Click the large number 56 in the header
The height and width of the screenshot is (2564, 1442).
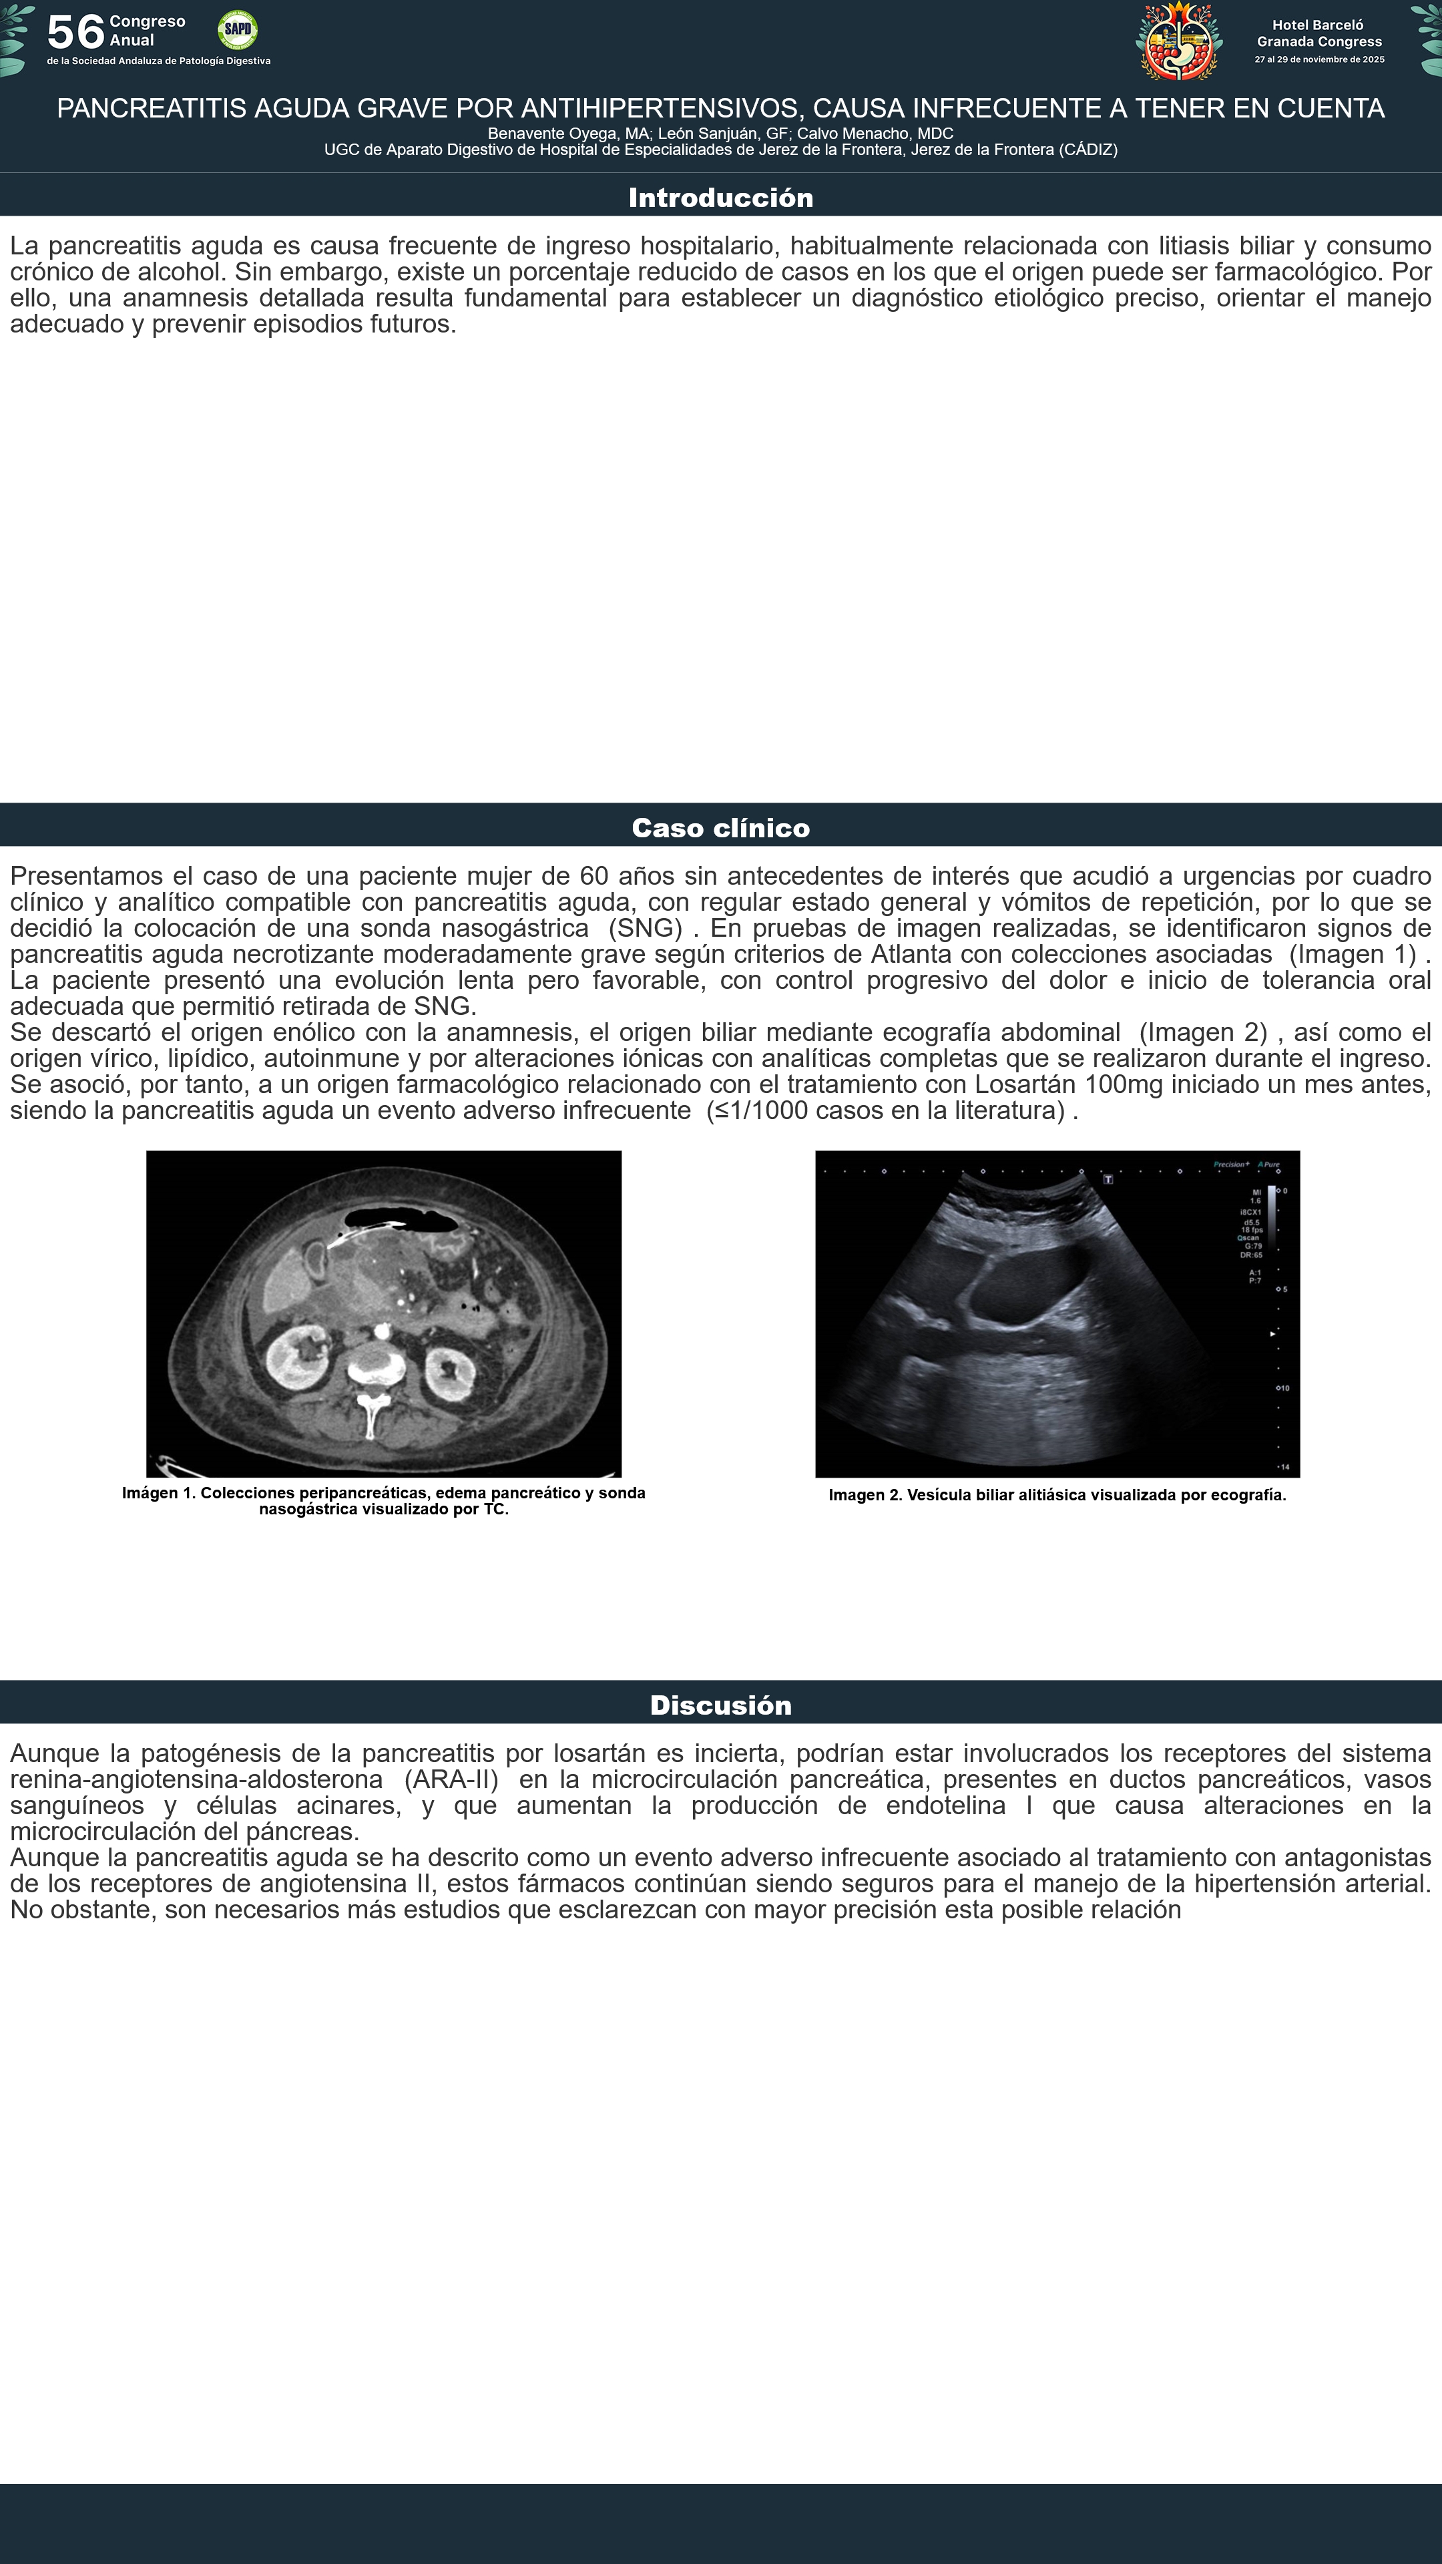point(75,32)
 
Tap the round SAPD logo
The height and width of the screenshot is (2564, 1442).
point(238,30)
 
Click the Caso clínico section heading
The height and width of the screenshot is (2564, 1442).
point(720,827)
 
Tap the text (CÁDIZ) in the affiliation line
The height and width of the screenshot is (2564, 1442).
point(1088,150)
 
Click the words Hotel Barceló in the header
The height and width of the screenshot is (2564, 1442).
point(1318,25)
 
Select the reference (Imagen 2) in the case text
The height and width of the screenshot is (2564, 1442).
point(1203,1032)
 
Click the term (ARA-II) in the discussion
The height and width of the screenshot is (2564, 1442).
point(451,1779)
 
